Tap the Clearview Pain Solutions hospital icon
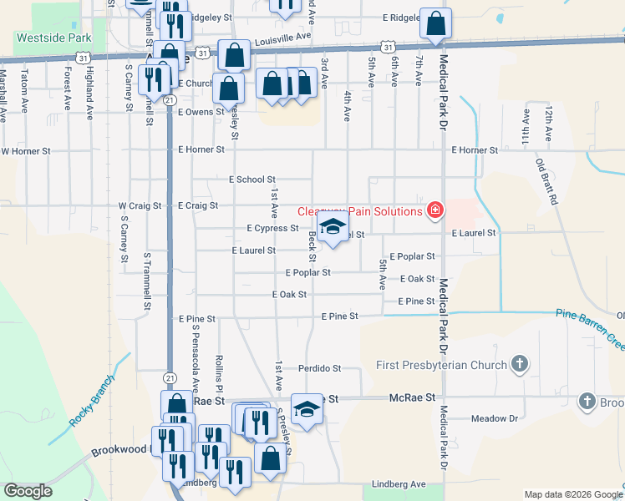(434, 210)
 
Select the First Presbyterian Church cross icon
(520, 364)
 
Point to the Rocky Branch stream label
(87, 407)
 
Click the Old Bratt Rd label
(548, 184)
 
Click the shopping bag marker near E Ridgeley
(435, 23)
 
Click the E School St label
(252, 180)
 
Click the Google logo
(28, 491)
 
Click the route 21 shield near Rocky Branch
(170, 377)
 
